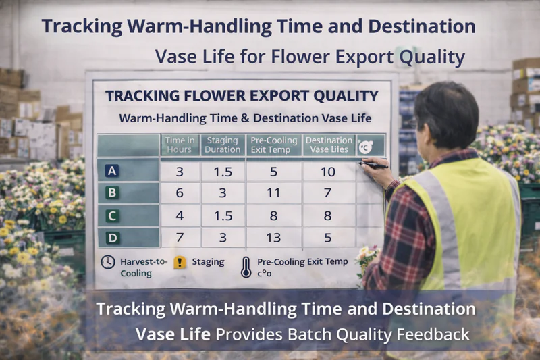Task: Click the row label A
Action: (113, 172)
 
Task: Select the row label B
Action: (113, 194)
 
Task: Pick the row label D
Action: (113, 238)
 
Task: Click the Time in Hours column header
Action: (180, 145)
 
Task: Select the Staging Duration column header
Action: (223, 145)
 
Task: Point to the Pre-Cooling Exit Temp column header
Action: (273, 145)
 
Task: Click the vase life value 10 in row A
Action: (327, 172)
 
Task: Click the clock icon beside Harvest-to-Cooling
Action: (107, 263)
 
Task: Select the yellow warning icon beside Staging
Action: (179, 262)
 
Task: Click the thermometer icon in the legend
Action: (246, 266)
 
